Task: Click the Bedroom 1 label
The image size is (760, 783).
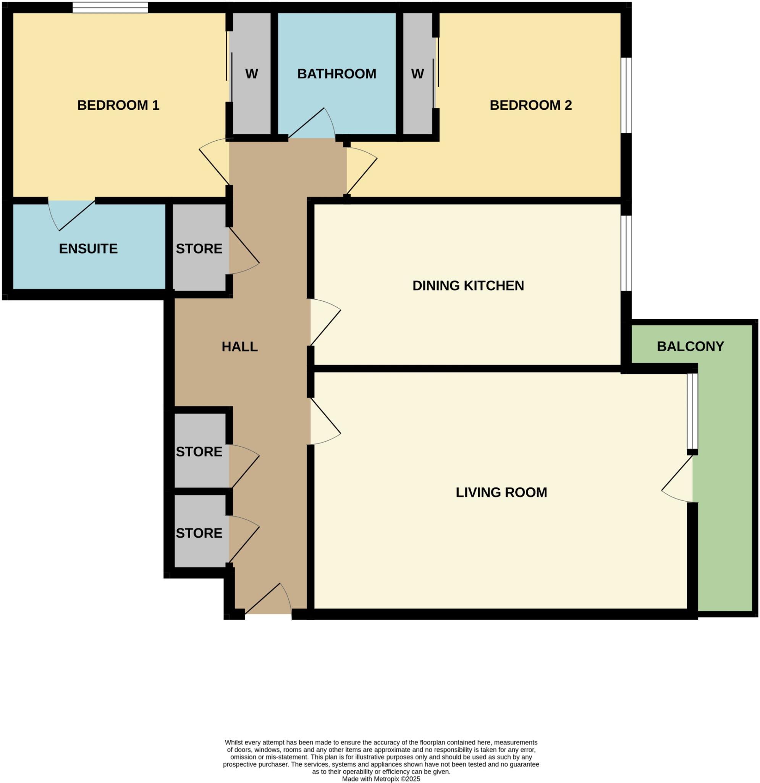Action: point(118,105)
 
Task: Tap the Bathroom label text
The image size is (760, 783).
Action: point(336,74)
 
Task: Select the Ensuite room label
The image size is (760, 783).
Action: point(88,249)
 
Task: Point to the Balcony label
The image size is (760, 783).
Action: point(690,346)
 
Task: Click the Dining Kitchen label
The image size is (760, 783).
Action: point(468,285)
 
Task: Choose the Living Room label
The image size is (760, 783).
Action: point(501,492)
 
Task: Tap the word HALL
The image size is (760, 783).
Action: point(239,346)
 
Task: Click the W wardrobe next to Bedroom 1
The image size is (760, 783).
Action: point(251,74)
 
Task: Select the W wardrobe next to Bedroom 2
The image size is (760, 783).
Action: point(417,74)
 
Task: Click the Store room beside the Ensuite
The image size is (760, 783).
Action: point(199,249)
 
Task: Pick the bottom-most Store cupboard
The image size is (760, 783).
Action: point(199,533)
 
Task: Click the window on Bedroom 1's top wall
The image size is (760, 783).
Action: point(110,8)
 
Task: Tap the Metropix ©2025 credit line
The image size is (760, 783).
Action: point(381,779)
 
